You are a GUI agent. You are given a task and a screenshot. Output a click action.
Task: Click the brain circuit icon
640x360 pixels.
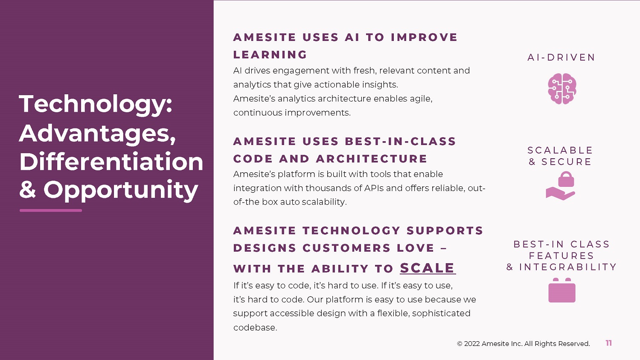[562, 89]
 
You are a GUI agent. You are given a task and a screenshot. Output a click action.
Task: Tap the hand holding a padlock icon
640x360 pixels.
[561, 186]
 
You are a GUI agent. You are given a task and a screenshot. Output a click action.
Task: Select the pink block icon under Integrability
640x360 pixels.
[562, 290]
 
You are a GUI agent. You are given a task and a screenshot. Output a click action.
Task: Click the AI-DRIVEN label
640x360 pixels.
[561, 58]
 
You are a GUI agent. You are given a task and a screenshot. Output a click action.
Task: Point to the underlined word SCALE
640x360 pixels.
[428, 268]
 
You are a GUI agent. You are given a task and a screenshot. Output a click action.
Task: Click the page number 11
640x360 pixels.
[608, 343]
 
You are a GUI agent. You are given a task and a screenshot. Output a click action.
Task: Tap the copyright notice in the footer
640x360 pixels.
[524, 344]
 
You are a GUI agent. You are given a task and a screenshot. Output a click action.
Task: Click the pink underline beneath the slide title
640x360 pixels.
[51, 211]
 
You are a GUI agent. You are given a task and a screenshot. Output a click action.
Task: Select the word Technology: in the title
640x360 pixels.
[96, 104]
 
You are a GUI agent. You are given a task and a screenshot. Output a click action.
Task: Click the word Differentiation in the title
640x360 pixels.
[111, 162]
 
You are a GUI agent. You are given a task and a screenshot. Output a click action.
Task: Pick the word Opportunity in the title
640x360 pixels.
[121, 191]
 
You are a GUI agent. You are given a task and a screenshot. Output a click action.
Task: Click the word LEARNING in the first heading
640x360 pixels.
[270, 55]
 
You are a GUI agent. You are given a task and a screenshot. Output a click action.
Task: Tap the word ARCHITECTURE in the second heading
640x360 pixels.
[372, 159]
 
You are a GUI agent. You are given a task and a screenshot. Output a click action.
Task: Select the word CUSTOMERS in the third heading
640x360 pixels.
[346, 248]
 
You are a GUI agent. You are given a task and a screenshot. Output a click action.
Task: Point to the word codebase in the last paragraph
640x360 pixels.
[255, 328]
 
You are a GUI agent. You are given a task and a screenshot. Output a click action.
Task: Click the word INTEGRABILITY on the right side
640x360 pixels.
[568, 267]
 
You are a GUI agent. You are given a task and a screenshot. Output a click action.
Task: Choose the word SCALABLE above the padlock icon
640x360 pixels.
[560, 150]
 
